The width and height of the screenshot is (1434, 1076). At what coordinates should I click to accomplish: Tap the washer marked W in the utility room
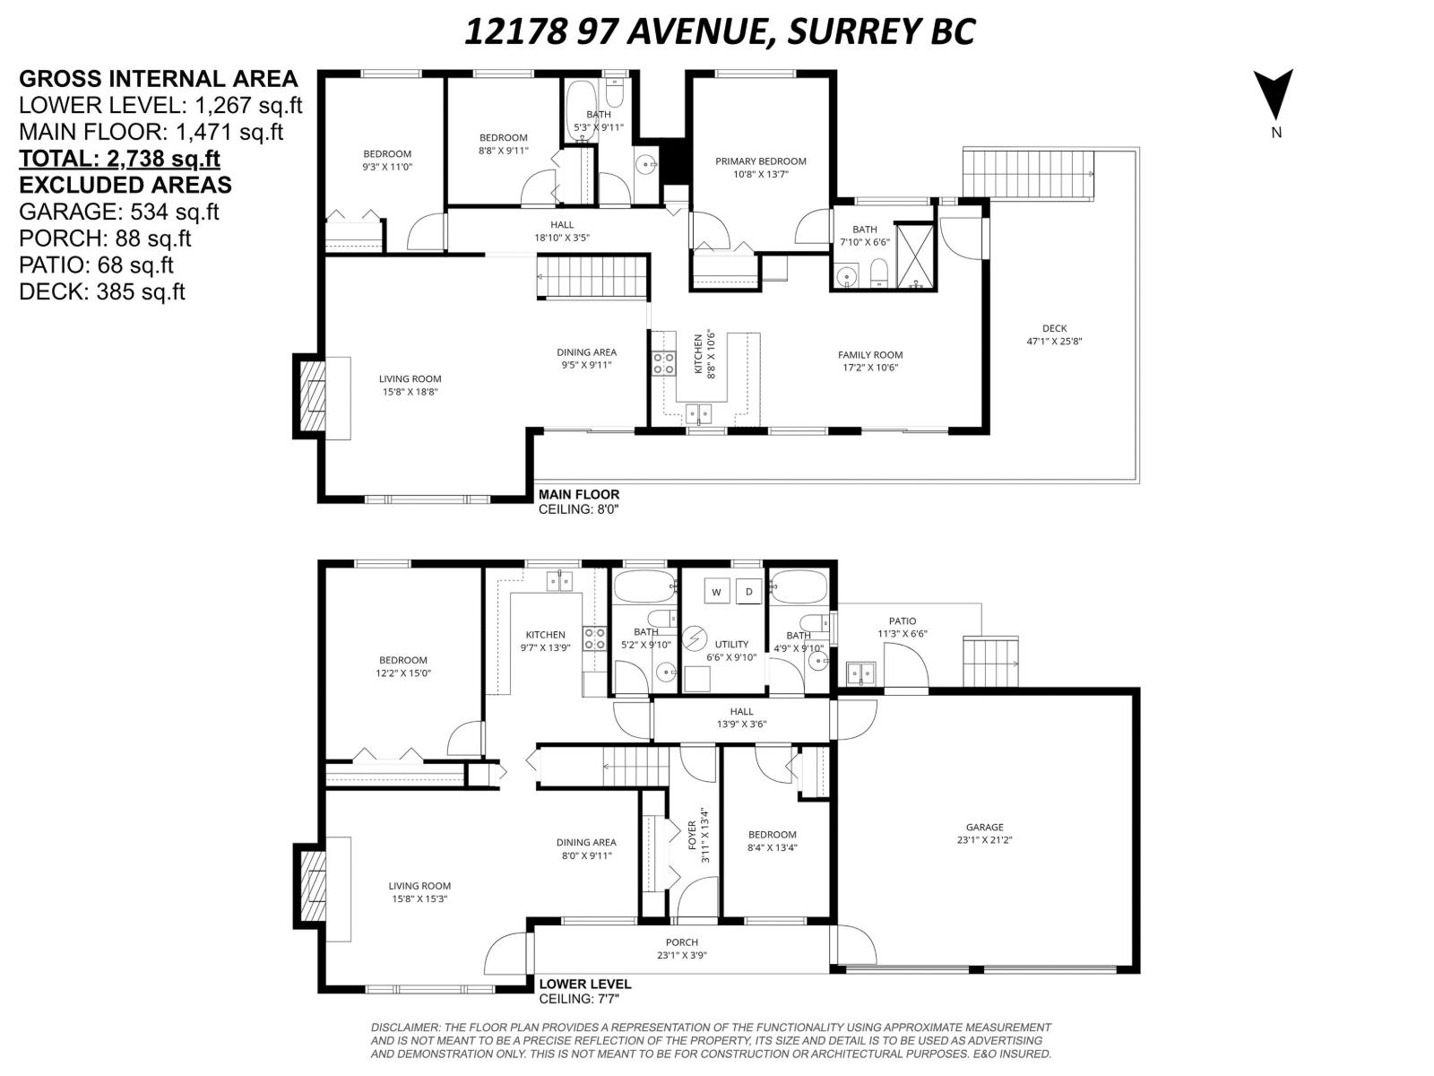click(x=716, y=592)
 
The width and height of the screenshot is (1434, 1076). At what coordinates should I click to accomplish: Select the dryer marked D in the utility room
click(x=749, y=592)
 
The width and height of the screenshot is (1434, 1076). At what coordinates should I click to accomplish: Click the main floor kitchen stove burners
click(x=663, y=363)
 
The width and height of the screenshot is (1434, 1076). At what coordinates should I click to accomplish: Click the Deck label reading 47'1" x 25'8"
click(x=1054, y=334)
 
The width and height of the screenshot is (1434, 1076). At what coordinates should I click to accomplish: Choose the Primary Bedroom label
click(x=760, y=168)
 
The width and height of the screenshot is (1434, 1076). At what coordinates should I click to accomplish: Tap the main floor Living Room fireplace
click(x=314, y=396)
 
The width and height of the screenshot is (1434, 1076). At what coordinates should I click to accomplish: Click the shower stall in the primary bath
click(x=914, y=257)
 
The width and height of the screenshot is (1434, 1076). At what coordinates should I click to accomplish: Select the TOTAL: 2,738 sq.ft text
click(x=119, y=159)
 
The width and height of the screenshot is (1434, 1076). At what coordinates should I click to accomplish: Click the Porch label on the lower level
click(x=681, y=948)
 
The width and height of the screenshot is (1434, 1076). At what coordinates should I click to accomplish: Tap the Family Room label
click(x=869, y=360)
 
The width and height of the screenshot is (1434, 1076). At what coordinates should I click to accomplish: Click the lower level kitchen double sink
click(x=560, y=581)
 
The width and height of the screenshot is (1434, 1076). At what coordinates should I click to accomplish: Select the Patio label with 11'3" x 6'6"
click(x=902, y=627)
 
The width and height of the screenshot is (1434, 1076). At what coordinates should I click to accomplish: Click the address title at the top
click(x=719, y=32)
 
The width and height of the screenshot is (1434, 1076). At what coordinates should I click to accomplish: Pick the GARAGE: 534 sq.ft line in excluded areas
click(x=118, y=212)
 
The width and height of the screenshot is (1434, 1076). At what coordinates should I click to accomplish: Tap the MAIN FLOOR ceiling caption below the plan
click(x=578, y=501)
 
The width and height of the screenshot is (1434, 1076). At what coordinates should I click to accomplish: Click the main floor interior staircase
click(x=592, y=276)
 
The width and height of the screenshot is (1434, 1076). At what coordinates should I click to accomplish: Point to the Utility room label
click(x=731, y=650)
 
